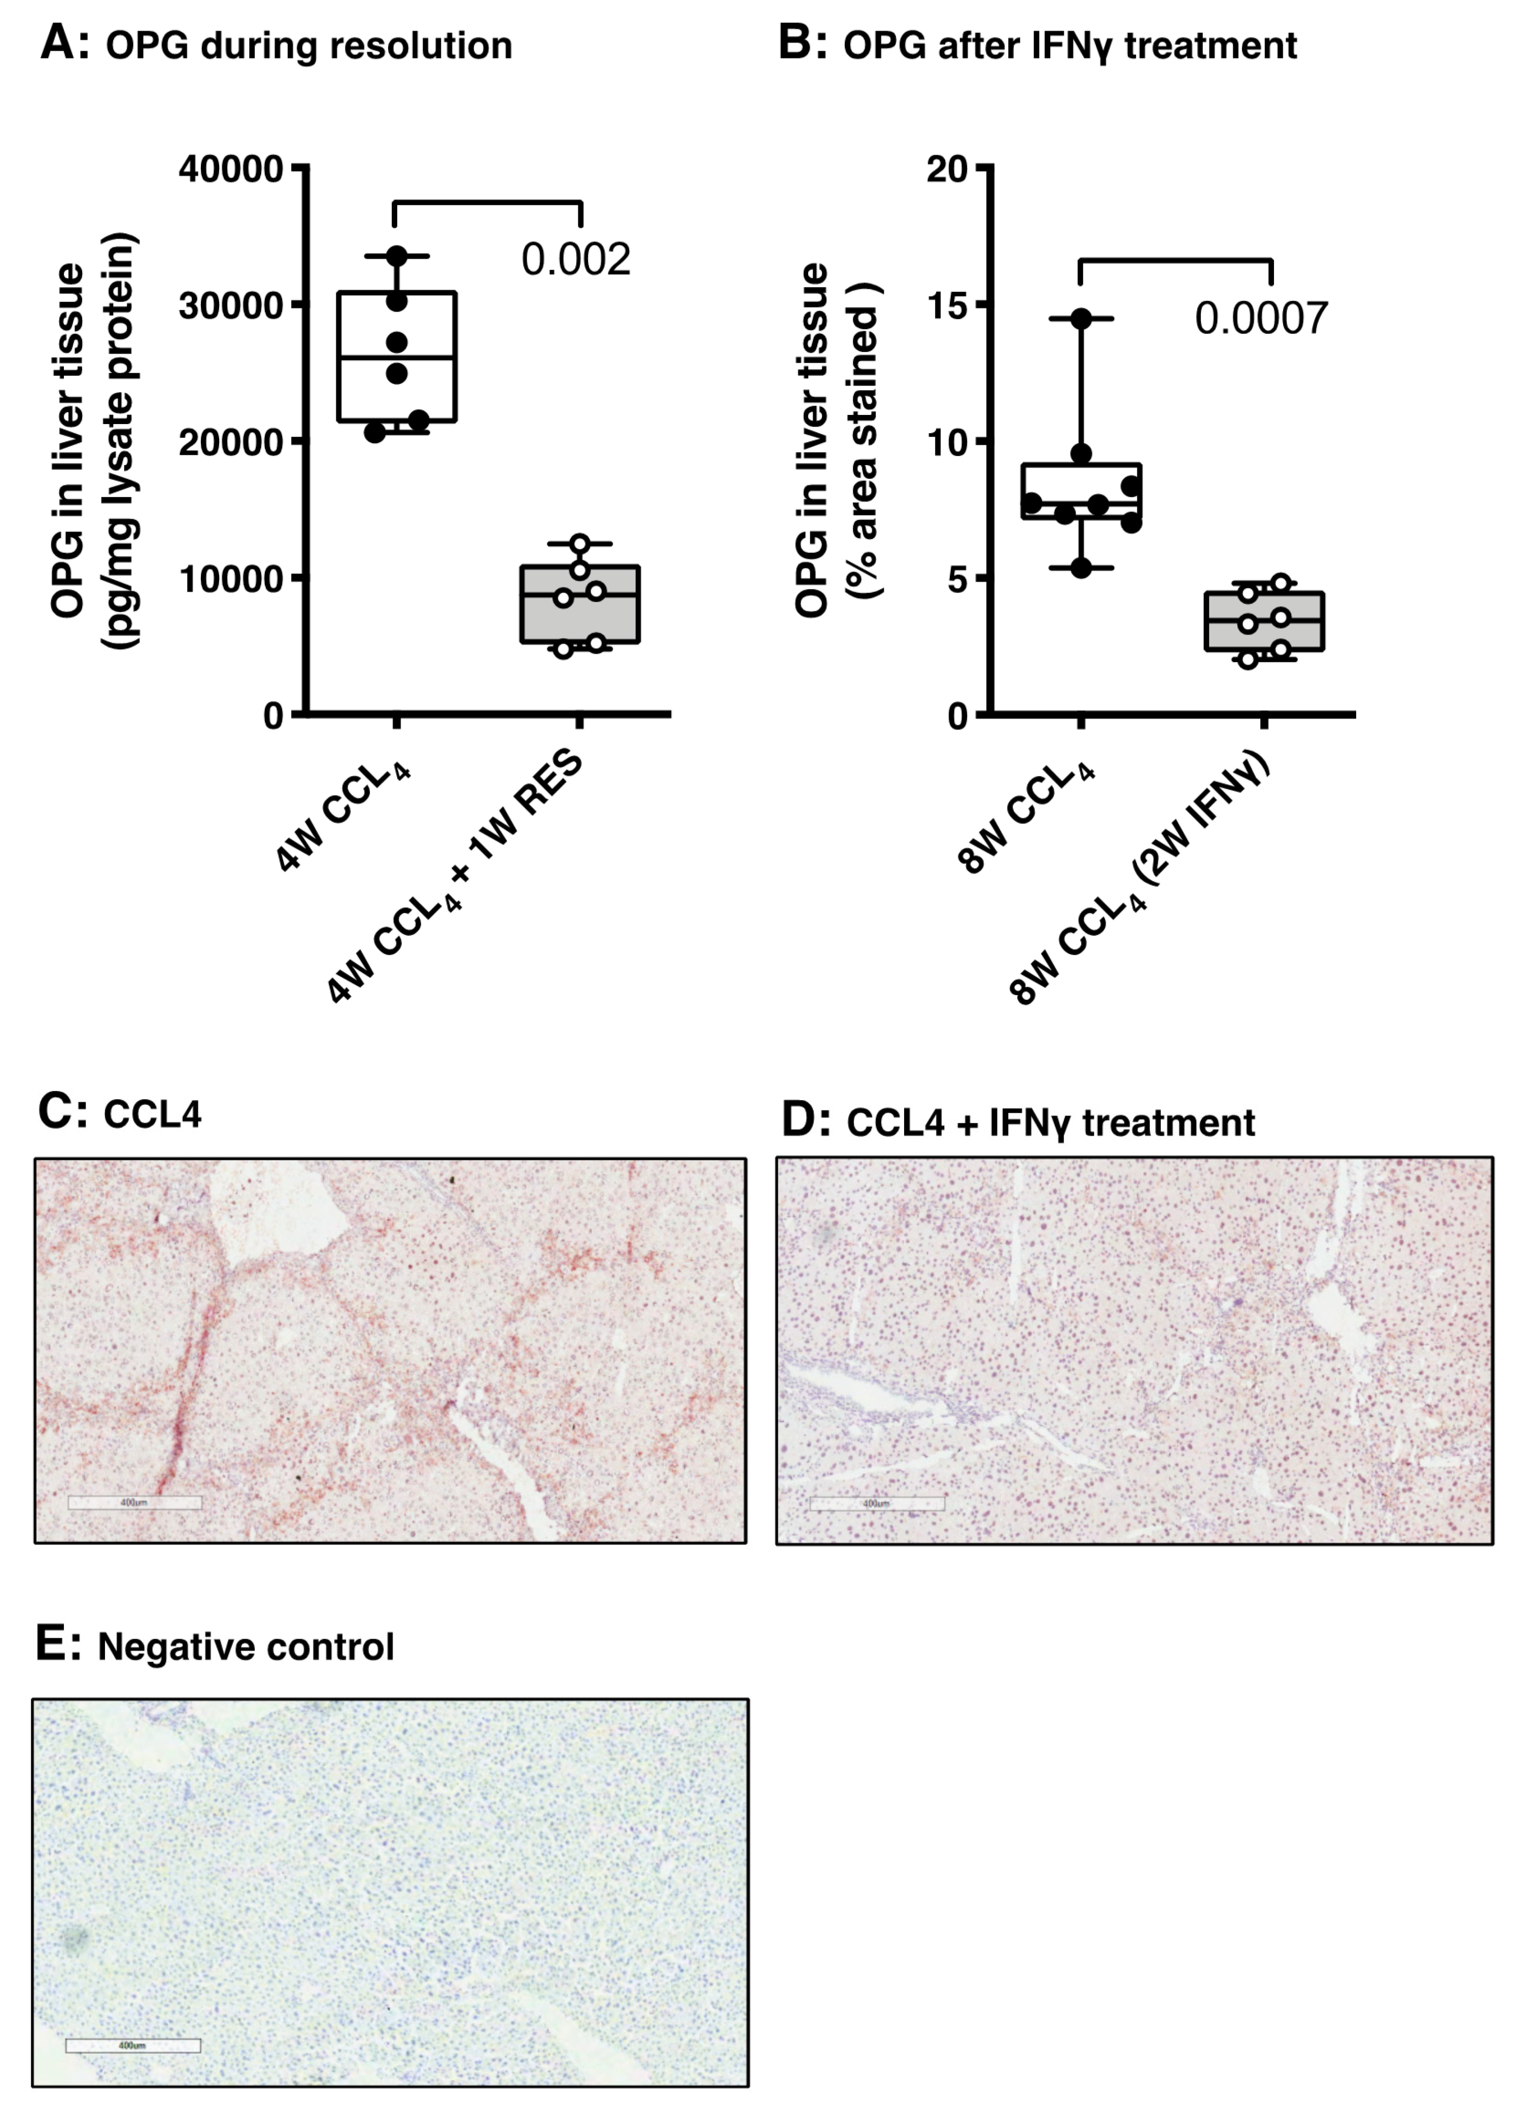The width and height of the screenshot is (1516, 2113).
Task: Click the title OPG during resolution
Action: pyautogui.click(x=308, y=46)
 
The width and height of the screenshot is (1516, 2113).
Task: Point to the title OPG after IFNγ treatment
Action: pyautogui.click(x=1070, y=46)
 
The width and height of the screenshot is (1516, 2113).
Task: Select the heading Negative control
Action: pyautogui.click(x=246, y=1646)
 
